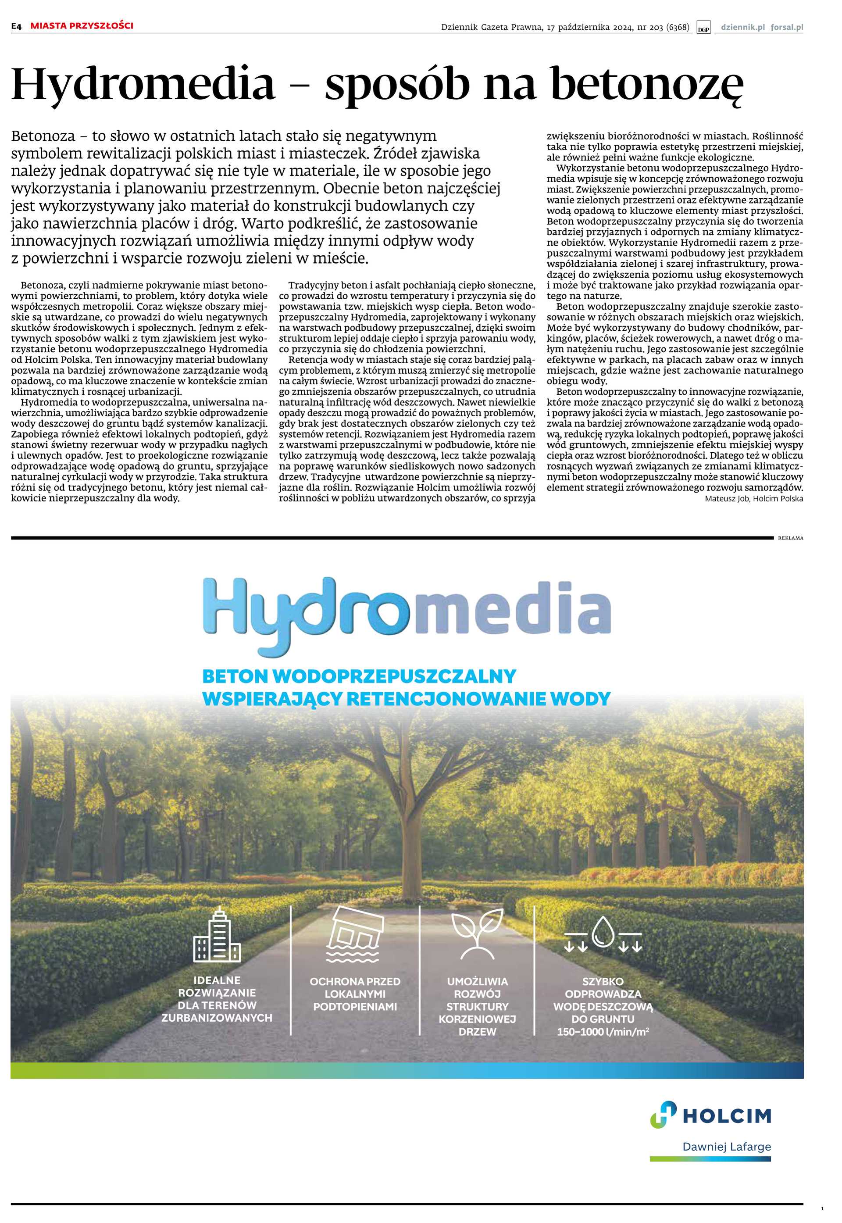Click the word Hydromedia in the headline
tap(143, 84)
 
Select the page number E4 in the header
tap(16, 26)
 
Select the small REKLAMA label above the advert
tap(790, 538)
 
